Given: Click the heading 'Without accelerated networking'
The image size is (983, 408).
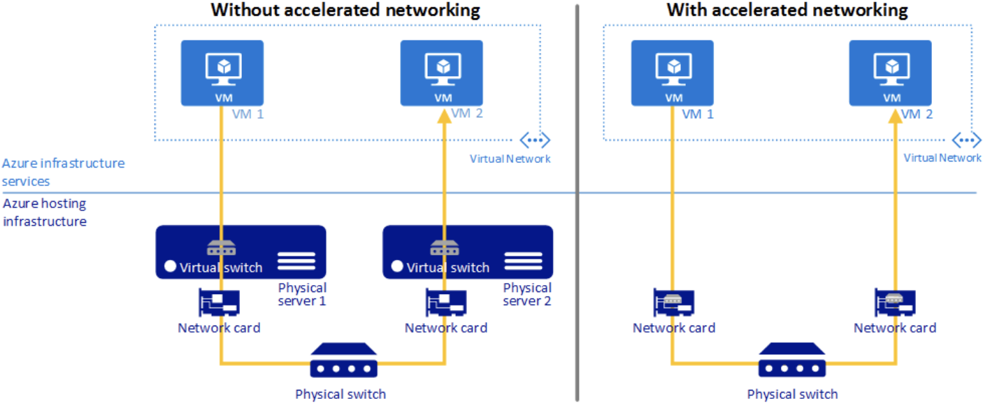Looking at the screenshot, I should coord(345,10).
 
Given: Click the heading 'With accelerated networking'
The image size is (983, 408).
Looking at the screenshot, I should coord(787,10).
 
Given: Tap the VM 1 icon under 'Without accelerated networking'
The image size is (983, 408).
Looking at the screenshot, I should coord(222,73).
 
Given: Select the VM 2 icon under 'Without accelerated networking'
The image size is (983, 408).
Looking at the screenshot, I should coord(442,73).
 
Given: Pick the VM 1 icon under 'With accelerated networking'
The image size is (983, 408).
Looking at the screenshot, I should coord(673,73).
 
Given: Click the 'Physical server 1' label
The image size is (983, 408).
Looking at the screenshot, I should coord(302,294).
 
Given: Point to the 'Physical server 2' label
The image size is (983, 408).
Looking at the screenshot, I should coord(527,294).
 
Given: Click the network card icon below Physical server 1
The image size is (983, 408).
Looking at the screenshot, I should coord(220,303).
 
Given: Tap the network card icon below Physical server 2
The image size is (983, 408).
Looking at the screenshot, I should coord(446,303).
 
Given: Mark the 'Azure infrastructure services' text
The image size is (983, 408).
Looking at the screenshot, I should coord(63,172).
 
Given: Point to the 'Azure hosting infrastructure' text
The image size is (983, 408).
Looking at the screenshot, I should coord(45,212).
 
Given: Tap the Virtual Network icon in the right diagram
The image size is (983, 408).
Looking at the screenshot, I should coord(967,140).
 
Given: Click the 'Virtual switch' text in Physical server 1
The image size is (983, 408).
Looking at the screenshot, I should coord(221,267).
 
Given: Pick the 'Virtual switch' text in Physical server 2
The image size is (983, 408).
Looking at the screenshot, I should coord(448,267).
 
